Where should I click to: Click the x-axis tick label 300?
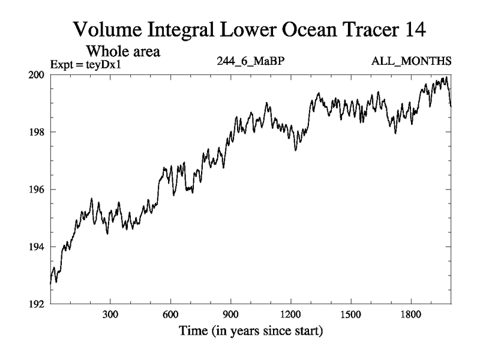(x=110, y=315)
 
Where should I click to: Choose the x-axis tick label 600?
(x=170, y=315)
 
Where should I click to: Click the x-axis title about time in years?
(x=250, y=331)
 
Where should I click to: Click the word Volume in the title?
(x=106, y=29)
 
